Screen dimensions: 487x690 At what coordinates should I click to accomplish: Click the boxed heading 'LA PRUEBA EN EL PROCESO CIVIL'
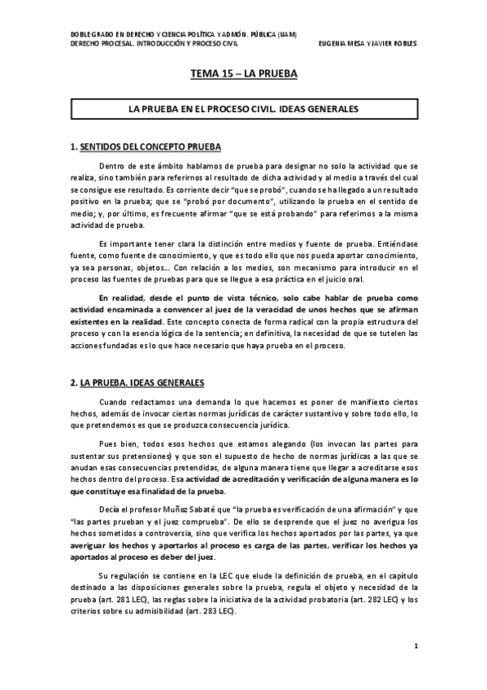click(x=243, y=107)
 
